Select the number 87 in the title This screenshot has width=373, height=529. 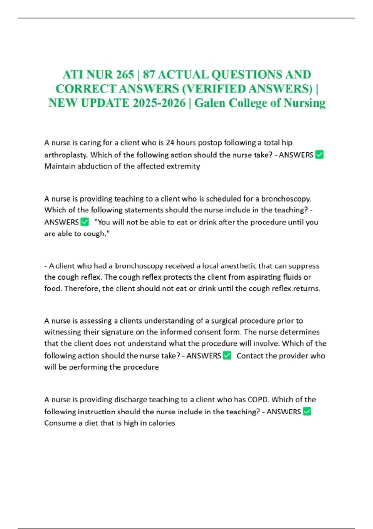tap(148, 75)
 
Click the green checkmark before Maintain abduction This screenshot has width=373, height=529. tap(319, 155)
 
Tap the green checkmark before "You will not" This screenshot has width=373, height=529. tap(85, 222)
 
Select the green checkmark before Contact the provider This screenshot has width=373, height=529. tap(227, 355)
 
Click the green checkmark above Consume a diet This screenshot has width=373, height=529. tap(307, 411)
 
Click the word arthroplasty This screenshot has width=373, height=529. tap(66, 155)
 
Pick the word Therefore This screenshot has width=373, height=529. tap(82, 288)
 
